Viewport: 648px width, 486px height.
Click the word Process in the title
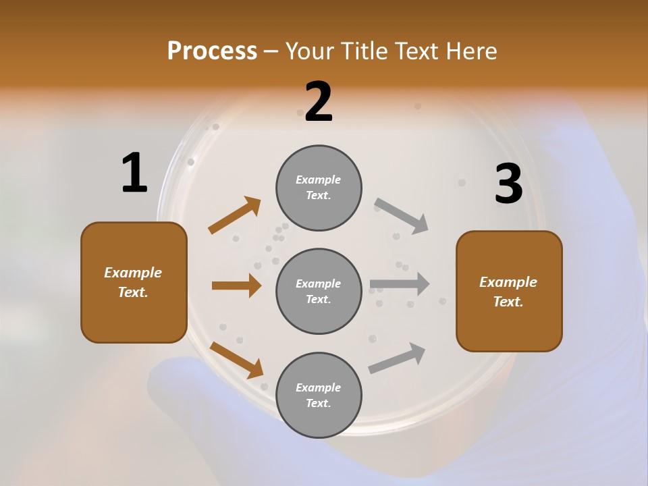[x=212, y=51]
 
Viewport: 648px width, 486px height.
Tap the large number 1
[x=134, y=173]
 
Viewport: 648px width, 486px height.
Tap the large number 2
[x=319, y=102]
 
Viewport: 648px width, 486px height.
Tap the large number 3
[x=508, y=184]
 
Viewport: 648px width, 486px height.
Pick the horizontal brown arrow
[x=236, y=286]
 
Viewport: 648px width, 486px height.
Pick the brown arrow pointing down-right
[x=236, y=360]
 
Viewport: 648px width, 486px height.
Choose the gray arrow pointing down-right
[x=402, y=216]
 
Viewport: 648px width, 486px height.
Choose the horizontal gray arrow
[x=400, y=284]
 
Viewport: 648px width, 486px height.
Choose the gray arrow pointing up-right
[x=397, y=358]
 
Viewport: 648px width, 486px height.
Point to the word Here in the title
[x=470, y=51]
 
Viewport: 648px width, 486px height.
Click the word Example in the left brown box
[x=133, y=273]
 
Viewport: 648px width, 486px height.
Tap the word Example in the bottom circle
[x=318, y=387]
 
